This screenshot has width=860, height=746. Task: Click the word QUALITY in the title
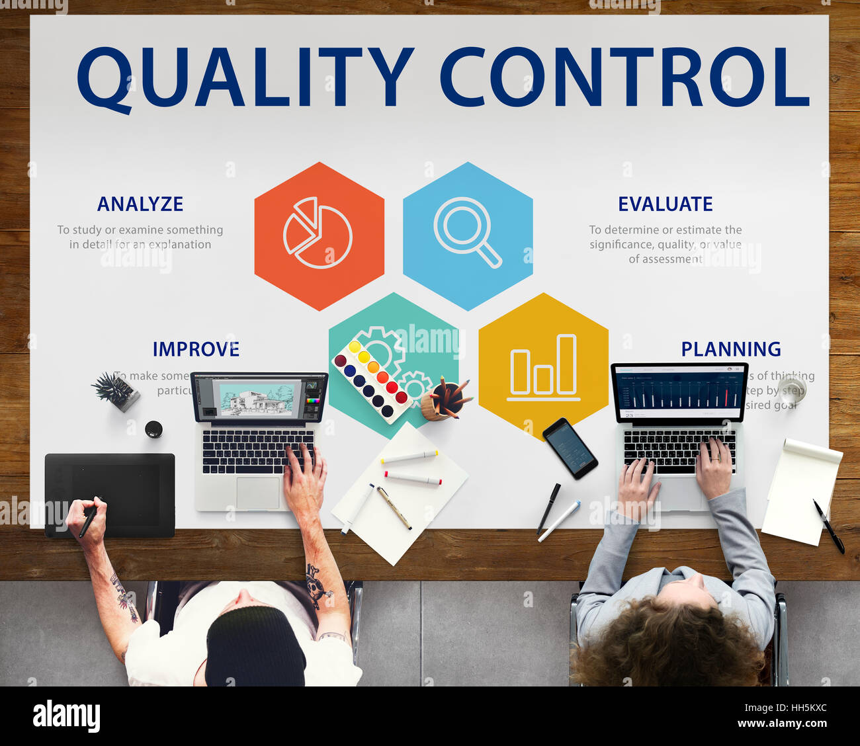tap(245, 77)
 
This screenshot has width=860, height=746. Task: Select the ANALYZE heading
tap(140, 204)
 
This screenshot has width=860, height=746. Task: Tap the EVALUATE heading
tap(665, 204)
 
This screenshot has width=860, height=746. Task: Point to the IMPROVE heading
tap(196, 349)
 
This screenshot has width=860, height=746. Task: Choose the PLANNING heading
tap(731, 349)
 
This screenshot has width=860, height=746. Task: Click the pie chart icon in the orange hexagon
tap(318, 233)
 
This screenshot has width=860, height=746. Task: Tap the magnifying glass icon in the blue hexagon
tap(467, 231)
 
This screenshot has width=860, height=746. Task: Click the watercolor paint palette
tap(371, 380)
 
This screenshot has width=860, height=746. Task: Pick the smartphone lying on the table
tap(570, 448)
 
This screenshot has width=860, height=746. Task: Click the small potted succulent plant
tap(115, 390)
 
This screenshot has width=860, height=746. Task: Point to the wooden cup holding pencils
tap(437, 403)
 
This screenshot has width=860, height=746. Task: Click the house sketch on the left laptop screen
tap(257, 399)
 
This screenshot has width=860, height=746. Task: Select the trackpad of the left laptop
tap(258, 493)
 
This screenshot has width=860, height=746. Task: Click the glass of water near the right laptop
tap(791, 388)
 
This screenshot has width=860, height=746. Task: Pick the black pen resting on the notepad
tap(828, 526)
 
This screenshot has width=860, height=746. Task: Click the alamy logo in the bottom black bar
tap(66, 717)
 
